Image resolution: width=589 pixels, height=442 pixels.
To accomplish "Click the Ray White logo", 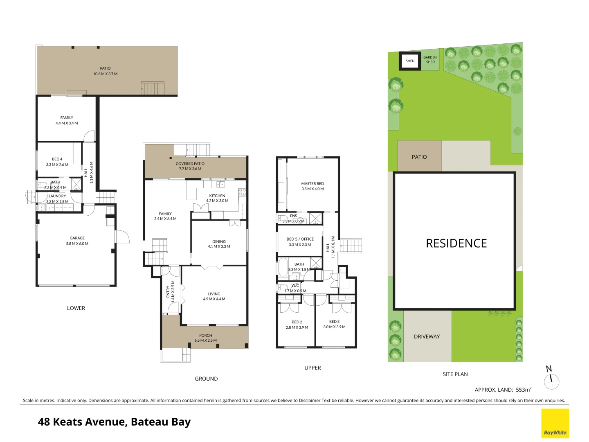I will pos(555,424).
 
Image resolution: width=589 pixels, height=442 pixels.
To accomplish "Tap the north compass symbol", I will pos(551,379).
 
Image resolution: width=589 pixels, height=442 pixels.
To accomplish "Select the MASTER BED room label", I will pos(312,184).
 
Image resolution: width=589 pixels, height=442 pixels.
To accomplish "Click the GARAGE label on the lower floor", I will pos(77,238).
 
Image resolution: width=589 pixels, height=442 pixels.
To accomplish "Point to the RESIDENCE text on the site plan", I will pos(456,244).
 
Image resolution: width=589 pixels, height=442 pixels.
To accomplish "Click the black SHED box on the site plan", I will pos(410,61).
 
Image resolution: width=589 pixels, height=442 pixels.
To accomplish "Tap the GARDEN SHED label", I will pos(430,60).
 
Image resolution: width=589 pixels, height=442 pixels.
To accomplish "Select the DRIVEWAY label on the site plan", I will pos(427,337).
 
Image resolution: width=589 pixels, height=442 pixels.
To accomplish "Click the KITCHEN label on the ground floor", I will pos(217,196).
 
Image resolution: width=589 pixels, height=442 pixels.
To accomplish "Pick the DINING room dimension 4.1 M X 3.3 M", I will pos(219,247).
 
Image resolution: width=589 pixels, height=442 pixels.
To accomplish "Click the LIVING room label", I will pos(214,294).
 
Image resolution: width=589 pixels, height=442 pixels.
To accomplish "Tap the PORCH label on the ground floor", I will pos(206,335).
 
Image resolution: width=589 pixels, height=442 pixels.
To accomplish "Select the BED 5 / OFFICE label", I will pos(300,239).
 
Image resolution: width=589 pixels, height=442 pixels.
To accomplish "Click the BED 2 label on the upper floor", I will pos(297,322).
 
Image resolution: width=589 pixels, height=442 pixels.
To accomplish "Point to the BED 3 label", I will pos(334,322).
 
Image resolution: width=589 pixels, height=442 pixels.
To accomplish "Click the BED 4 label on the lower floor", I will pos(57,159).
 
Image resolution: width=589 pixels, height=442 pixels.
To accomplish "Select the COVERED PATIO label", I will pos(190,164).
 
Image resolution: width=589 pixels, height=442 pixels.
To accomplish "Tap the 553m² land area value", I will pos(524,390).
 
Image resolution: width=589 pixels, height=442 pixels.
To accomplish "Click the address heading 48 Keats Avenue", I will pos(114,422).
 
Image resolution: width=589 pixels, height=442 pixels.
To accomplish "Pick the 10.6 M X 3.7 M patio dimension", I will pos(105,74).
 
